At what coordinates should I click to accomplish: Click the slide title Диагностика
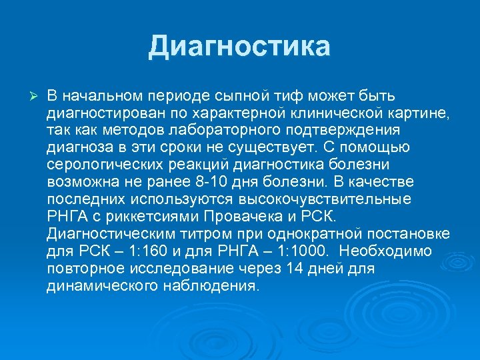tap(239, 47)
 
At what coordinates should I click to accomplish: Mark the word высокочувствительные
tap(337, 199)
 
